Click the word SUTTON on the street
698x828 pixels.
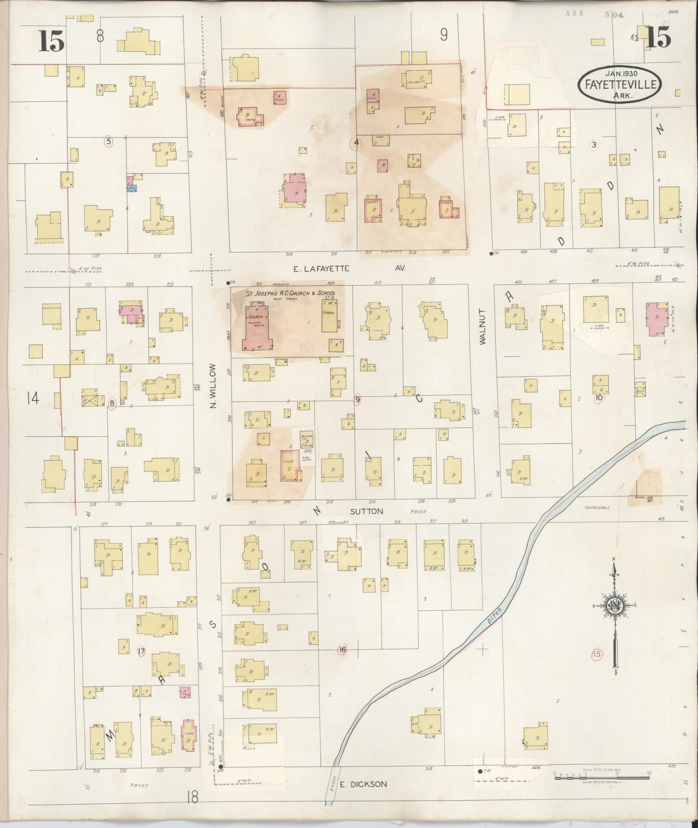(367, 511)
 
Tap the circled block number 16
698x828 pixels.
(342, 650)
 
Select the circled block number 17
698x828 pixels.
(142, 651)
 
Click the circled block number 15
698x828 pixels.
(597, 654)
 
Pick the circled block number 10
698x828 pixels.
(599, 398)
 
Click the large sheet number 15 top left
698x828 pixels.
(51, 41)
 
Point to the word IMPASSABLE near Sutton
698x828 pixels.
(596, 508)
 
